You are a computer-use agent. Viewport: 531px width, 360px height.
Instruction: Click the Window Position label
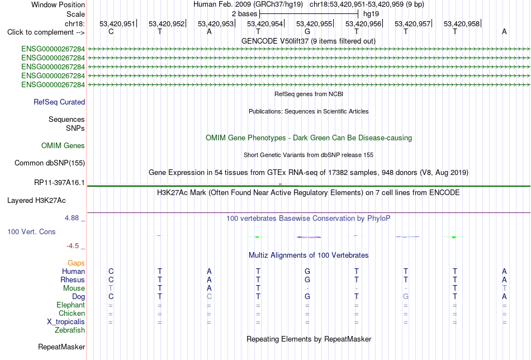[58, 4]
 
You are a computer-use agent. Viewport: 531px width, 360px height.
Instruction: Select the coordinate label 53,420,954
[264, 23]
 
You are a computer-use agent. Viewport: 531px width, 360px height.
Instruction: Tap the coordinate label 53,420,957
[412, 23]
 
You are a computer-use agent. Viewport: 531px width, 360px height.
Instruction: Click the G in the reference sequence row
[307, 31]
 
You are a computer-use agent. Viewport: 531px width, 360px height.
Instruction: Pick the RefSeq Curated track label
[59, 102]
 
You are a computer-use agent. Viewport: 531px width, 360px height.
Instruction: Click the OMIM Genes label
[63, 146]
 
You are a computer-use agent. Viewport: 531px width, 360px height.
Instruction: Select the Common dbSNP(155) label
[50, 163]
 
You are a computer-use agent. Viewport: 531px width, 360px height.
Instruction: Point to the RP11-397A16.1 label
[59, 183]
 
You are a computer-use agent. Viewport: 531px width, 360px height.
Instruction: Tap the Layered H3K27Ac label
[36, 201]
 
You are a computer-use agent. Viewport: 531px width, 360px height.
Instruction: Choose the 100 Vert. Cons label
[31, 231]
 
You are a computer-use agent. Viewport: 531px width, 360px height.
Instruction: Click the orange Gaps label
[76, 263]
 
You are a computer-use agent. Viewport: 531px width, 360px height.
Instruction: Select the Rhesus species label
[73, 280]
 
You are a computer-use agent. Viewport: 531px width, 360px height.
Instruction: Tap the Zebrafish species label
[70, 330]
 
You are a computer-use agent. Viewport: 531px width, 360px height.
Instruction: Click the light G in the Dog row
[406, 297]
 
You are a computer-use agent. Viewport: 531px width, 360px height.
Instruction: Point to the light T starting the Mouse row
[111, 288]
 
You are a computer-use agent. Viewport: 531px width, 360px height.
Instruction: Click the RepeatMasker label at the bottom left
[61, 347]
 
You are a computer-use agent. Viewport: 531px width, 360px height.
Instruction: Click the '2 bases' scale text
[244, 14]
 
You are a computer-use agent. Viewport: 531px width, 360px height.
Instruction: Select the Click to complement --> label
[46, 32]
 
